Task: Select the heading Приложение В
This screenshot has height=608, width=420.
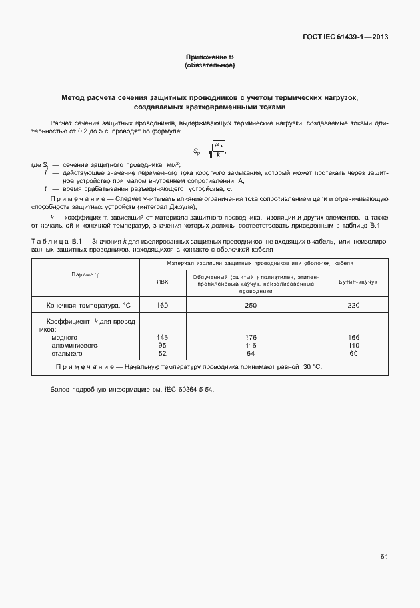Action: (209, 58)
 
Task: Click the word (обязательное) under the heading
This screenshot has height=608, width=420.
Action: (209, 66)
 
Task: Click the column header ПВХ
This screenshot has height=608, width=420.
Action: (163, 282)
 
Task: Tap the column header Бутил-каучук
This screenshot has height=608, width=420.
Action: (353, 282)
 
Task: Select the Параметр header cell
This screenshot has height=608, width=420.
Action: (85, 275)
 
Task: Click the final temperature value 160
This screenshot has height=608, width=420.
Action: (163, 305)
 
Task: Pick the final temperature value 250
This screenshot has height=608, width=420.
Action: (251, 305)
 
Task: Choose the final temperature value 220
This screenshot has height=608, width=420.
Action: (353, 305)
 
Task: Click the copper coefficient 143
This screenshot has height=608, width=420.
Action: (162, 338)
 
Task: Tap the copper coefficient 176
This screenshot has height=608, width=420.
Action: (251, 338)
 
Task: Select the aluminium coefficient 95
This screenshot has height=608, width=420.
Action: (162, 346)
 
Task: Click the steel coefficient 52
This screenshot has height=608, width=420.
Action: (162, 354)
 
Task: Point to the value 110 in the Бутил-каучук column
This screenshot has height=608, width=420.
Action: (353, 346)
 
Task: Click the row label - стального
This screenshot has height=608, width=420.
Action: (66, 354)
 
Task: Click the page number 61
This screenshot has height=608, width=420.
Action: (384, 556)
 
